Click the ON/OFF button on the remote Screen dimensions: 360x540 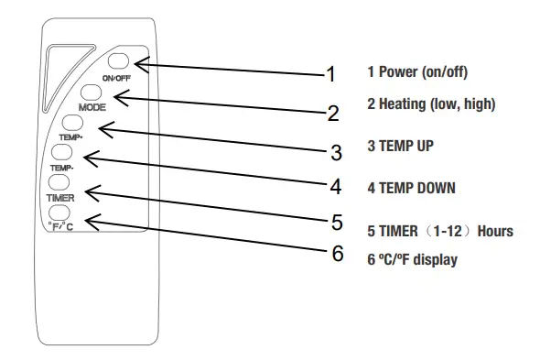coord(120,62)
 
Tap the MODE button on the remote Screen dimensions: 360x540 coord(92,93)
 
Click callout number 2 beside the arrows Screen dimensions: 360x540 coord(333,114)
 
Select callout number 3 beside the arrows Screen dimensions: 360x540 coord(336,151)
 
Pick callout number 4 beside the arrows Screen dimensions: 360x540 coord(336,187)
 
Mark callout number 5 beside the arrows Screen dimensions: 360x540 coord(337,221)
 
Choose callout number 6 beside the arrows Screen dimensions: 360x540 coord(338,254)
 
